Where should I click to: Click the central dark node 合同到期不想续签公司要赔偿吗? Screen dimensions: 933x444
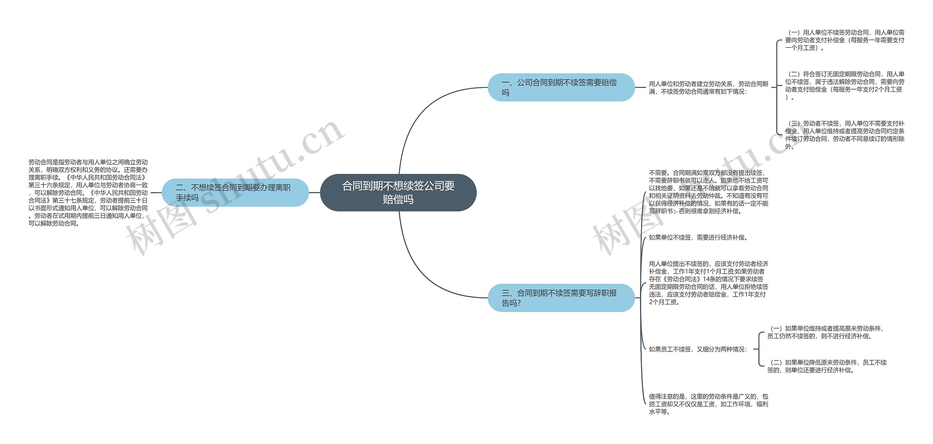tap(398, 193)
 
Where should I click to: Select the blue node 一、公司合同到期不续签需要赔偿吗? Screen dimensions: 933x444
tap(561, 87)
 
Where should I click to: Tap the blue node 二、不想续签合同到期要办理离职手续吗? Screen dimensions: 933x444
tap(235, 193)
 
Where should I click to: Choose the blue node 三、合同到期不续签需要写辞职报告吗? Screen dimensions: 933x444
tap(561, 298)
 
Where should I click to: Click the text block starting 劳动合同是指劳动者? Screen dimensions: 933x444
tap(88, 193)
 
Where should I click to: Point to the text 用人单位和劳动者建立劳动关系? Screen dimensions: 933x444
tap(708, 88)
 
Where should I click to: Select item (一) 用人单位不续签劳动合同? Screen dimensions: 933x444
tap(844, 40)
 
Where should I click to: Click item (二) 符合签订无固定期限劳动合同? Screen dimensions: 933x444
tap(844, 86)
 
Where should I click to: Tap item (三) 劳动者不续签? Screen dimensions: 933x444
tap(844, 135)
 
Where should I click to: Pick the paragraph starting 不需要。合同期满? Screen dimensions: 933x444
tap(708, 192)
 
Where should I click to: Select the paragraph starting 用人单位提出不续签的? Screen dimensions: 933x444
tap(708, 283)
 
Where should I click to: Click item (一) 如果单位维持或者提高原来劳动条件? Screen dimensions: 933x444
tap(825, 332)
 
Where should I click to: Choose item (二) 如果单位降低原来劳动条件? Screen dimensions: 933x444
tap(827, 366)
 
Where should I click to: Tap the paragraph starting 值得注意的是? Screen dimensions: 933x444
tap(708, 404)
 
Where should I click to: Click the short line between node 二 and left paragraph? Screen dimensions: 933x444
tap(156, 193)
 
